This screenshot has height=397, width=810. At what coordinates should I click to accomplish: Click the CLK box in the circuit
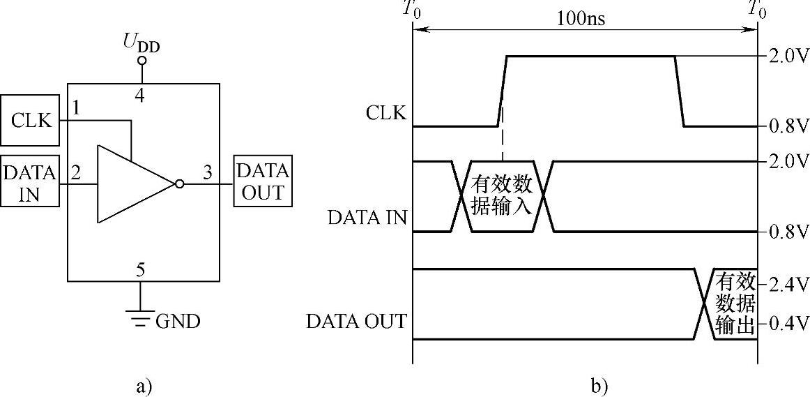click(x=32, y=120)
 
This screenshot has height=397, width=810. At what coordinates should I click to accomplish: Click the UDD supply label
click(x=142, y=43)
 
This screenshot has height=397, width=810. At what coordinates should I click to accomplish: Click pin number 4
click(x=141, y=96)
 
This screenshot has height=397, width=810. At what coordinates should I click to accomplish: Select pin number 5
click(x=141, y=269)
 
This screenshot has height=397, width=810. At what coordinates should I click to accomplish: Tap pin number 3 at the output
click(x=207, y=172)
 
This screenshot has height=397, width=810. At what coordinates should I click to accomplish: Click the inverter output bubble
click(x=179, y=184)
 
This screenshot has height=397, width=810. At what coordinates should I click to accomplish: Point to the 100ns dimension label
click(x=581, y=18)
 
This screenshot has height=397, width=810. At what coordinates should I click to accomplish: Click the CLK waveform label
click(x=385, y=113)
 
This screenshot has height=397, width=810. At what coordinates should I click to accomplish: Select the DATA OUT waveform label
click(x=356, y=322)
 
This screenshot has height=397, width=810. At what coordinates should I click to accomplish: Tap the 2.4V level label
click(x=788, y=284)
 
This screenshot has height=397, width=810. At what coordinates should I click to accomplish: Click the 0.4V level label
click(x=788, y=324)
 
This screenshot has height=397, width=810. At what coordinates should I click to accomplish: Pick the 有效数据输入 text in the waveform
click(x=502, y=196)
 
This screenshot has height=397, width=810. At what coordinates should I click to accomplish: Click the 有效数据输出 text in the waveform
click(x=735, y=304)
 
